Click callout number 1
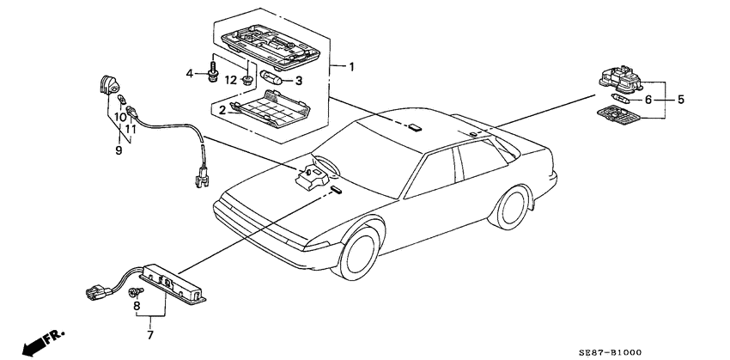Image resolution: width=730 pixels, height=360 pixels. (351, 67)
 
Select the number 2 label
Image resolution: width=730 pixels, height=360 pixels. (222, 110)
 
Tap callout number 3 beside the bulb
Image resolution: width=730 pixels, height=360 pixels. (298, 81)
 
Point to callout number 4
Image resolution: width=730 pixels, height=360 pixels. (190, 73)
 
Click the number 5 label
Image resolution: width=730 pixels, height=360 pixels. (681, 99)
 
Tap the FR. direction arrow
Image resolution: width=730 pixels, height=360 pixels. (43, 341)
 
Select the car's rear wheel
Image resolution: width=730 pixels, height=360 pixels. (512, 208)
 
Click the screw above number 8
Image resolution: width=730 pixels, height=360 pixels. (136, 292)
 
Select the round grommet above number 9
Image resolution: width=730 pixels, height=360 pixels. (109, 85)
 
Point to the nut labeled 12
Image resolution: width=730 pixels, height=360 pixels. (247, 81)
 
